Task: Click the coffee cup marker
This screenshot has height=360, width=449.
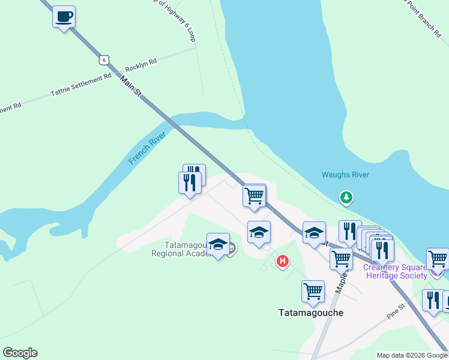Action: click(64, 17)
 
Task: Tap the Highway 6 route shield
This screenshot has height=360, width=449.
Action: click(104, 59)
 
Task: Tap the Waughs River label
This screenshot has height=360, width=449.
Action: click(345, 175)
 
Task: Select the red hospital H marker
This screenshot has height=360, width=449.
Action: click(282, 261)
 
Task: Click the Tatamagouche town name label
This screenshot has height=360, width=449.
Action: click(310, 313)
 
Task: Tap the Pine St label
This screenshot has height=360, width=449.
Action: click(396, 314)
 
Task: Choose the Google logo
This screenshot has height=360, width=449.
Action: click(20, 353)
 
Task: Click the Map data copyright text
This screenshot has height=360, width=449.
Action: click(412, 355)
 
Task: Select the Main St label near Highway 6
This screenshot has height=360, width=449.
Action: click(130, 86)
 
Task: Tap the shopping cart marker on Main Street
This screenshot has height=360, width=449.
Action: click(255, 196)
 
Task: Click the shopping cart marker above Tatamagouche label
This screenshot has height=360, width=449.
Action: click(313, 292)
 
